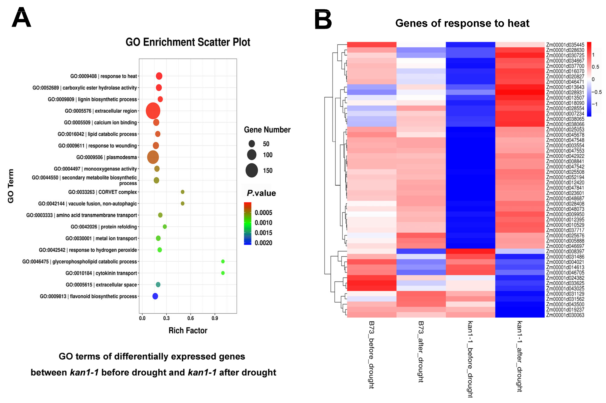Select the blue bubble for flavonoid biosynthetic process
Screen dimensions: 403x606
coord(155,296)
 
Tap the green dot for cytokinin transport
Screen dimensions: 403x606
coord(223,273)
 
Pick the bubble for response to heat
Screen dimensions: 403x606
coord(159,76)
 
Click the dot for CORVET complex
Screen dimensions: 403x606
coord(183,192)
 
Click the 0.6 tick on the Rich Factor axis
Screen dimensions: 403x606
coord(190,318)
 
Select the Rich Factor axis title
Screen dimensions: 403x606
coord(188,331)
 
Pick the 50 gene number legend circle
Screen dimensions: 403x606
coord(252,144)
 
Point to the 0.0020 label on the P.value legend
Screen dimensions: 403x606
coord(263,243)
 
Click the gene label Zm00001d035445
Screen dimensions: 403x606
coord(565,45)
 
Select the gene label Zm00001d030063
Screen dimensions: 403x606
coord(565,315)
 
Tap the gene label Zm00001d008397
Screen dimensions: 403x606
coord(565,251)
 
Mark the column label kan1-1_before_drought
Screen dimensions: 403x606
coord(470,359)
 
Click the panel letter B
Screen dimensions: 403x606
coord(323,20)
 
